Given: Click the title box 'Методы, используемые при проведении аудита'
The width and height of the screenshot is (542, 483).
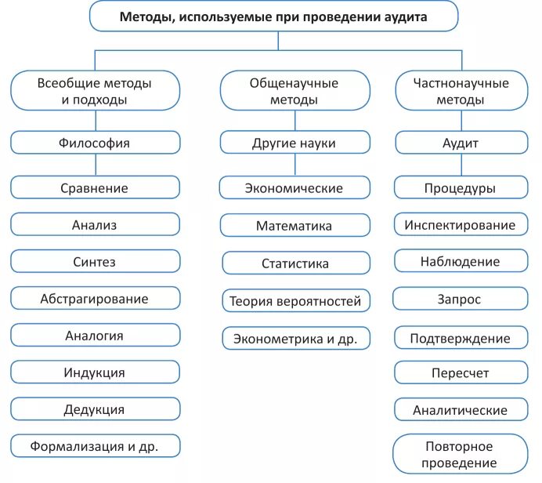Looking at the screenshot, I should coord(273,16).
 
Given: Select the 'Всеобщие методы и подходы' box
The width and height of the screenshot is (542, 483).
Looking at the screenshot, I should coord(95,91).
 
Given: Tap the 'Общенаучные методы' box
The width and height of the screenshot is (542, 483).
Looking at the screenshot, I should coord(294,91).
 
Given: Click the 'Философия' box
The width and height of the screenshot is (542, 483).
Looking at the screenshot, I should coord(95,143).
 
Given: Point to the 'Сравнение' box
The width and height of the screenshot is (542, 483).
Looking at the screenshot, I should coord(95,188).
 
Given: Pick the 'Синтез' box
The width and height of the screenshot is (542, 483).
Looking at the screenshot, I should coord(95,262).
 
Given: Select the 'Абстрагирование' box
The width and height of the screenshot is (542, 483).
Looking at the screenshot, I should coord(95,299).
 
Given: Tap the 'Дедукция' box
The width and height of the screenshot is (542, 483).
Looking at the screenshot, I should coord(95,409).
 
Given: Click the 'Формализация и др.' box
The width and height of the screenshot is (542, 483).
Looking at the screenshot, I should coord(95,447).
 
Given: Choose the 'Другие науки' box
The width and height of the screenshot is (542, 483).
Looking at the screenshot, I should coord(294,143).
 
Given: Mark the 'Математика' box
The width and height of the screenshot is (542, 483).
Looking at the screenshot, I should coord(294,226).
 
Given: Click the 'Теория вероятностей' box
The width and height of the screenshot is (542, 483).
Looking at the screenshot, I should coord(295,300).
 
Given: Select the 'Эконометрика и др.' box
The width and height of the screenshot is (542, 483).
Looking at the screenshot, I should coord(295,338).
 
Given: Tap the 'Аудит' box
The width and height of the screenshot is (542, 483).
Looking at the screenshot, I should coord(461,143).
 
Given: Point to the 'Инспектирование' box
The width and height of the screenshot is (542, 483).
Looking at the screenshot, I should coord(461,225).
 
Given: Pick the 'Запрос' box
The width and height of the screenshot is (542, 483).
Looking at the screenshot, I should coord(461,300).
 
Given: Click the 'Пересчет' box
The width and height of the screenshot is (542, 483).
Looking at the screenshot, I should coord(461,373).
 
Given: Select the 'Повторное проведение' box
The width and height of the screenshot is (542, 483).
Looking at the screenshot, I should coord(461,455).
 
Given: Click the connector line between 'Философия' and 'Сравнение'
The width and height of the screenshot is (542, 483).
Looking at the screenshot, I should coord(96,165).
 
